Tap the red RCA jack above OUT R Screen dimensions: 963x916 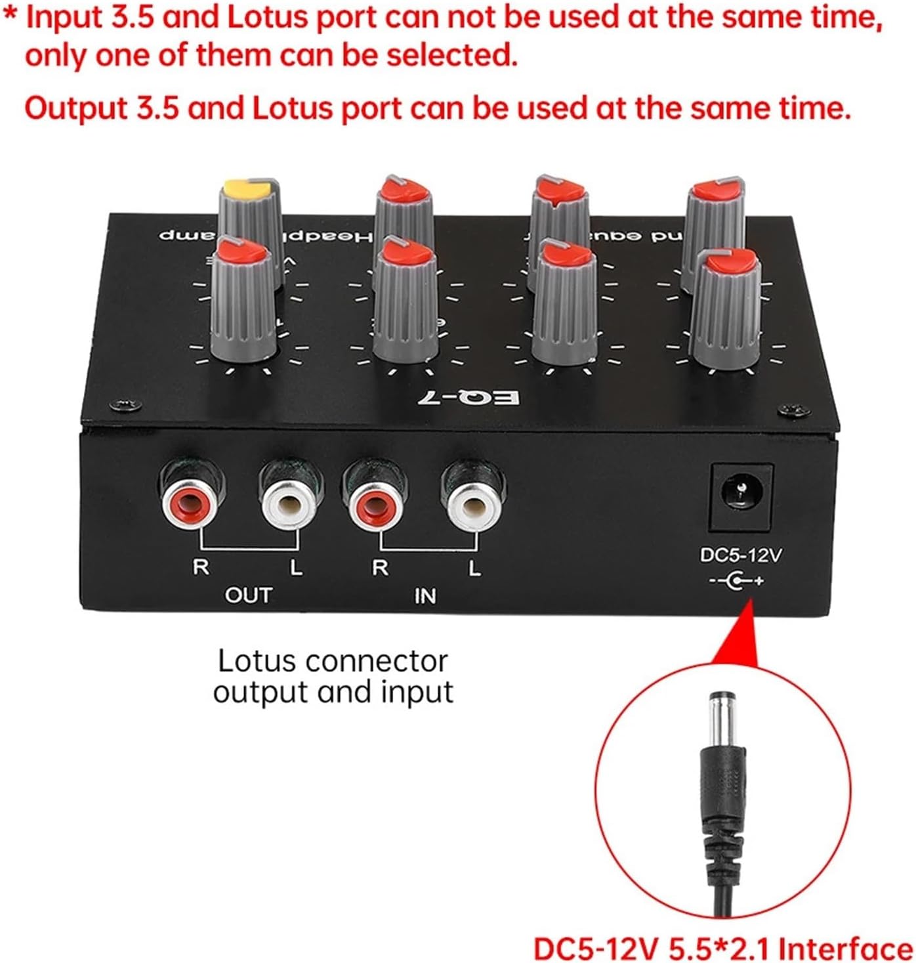click(x=194, y=503)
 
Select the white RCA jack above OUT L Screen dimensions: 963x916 click(x=289, y=503)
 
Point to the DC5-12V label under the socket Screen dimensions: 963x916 click(x=741, y=555)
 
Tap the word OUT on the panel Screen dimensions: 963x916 click(x=247, y=595)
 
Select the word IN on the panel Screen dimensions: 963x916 click(x=425, y=596)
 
